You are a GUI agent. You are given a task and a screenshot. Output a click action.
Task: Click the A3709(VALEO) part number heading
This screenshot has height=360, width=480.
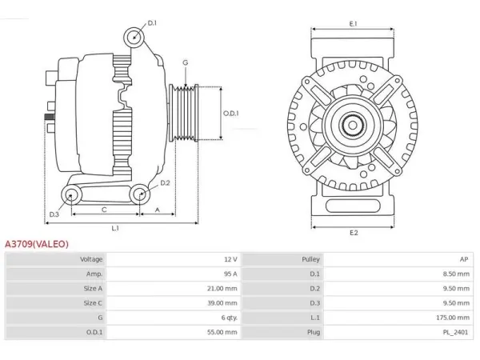point(37,244)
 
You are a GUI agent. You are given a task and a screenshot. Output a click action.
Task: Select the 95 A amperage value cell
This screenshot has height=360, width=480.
point(230,274)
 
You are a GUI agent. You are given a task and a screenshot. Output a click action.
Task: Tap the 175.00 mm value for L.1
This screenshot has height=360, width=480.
point(453,318)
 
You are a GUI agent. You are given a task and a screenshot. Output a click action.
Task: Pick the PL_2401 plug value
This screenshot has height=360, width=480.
point(455,332)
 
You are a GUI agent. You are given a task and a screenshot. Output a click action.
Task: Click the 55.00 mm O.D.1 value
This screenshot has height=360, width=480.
point(222,332)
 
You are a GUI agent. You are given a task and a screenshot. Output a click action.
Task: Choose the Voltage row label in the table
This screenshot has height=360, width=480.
point(91,259)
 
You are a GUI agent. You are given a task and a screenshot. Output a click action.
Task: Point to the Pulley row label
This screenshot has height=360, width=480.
point(310,259)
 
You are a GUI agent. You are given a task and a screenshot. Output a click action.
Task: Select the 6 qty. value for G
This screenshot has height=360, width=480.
point(230,318)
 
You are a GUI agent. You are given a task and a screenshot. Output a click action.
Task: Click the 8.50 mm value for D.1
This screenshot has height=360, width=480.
point(456,274)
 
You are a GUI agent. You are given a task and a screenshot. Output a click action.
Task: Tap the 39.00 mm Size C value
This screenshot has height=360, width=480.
point(222,303)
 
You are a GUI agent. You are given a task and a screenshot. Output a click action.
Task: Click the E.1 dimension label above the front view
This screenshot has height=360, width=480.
point(354,23)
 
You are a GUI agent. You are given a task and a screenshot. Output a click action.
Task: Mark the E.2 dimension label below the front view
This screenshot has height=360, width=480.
point(354,233)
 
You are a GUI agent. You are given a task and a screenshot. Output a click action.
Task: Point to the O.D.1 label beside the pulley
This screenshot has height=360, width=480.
point(231,114)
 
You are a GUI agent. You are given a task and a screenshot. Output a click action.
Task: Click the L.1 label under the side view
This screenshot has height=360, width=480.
point(115,228)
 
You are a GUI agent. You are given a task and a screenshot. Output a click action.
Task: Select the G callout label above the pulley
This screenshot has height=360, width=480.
point(186,62)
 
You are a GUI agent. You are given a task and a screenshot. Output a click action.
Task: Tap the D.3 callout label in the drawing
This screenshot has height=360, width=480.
point(54,214)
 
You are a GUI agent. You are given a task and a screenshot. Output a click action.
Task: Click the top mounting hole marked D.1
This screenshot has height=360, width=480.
point(134,38)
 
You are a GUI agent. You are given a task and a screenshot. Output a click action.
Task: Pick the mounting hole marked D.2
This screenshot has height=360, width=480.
point(140,194)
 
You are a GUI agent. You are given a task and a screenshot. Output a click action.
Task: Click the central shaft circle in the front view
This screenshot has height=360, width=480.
point(352,126)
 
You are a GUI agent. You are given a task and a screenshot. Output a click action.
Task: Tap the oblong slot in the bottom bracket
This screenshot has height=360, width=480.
point(353,206)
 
